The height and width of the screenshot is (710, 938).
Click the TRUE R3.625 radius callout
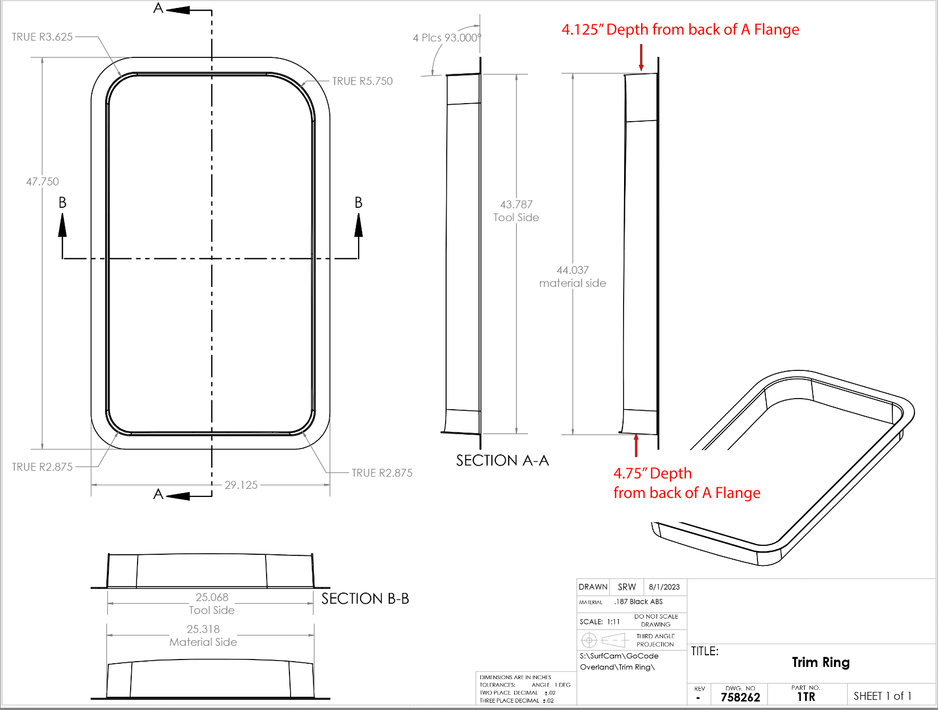click(x=42, y=37)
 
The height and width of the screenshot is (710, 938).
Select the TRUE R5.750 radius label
click(x=362, y=81)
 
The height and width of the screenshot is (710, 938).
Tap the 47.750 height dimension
click(x=42, y=182)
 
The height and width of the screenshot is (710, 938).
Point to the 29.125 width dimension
click(x=241, y=485)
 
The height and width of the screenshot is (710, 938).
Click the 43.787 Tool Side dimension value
click(x=516, y=205)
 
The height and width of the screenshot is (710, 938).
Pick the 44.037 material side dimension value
click(x=573, y=270)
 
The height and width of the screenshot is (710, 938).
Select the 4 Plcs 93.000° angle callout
click(x=447, y=38)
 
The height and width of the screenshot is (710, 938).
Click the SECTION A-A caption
click(x=502, y=460)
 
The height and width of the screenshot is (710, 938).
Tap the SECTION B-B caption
click(x=365, y=598)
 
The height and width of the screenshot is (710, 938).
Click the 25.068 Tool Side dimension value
click(x=212, y=597)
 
